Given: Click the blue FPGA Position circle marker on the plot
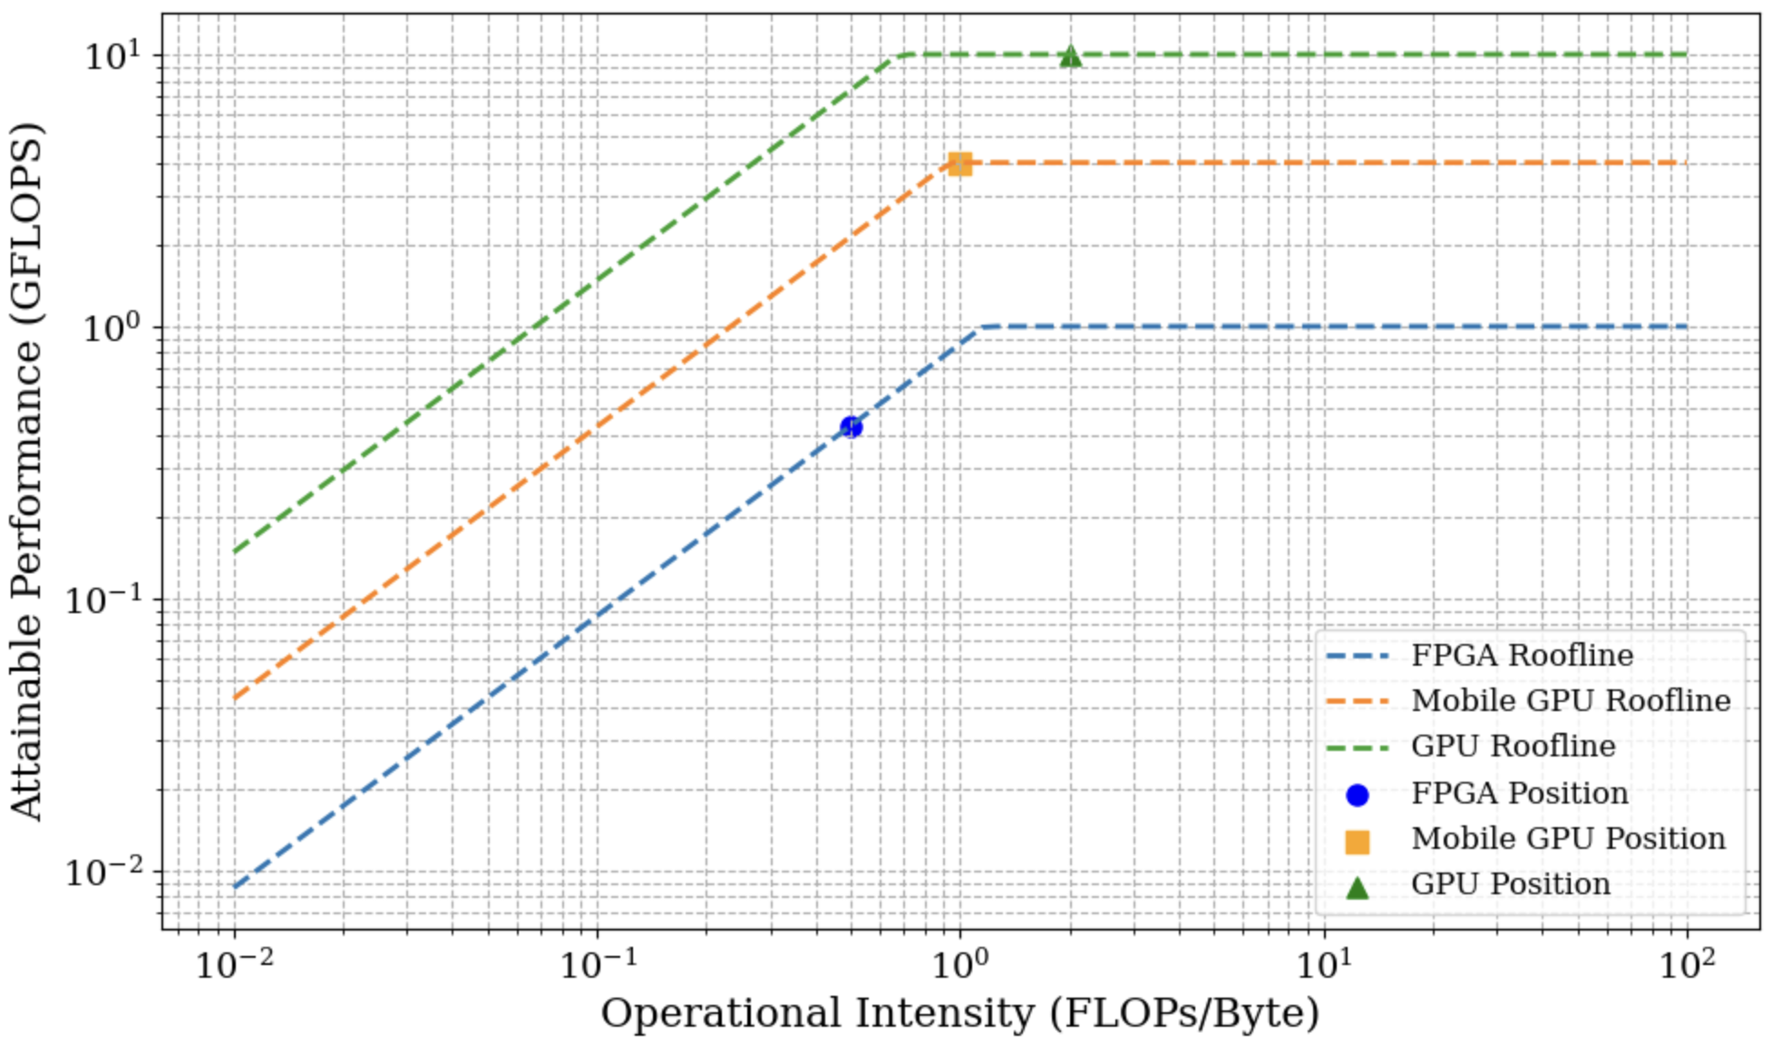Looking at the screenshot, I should click(851, 426).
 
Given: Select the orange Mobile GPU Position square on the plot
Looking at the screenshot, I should click(960, 164).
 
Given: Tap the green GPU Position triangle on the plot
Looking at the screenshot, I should click(1070, 56).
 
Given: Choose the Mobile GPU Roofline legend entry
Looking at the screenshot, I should click(1571, 700).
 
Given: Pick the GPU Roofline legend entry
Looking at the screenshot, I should click(1513, 746).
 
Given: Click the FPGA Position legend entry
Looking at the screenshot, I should click(1519, 793).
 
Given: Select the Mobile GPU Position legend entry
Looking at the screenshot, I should click(1568, 838).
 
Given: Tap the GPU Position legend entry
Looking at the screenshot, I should click(1510, 883).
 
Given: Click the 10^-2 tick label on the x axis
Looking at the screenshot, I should click(234, 964).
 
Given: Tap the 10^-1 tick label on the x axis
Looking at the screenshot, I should click(598, 964).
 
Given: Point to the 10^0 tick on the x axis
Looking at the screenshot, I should click(960, 964).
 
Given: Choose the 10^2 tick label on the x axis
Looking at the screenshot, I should click(1688, 964).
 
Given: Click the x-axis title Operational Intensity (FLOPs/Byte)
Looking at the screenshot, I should click(959, 1013).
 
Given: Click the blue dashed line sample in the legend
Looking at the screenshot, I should click(1357, 656).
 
